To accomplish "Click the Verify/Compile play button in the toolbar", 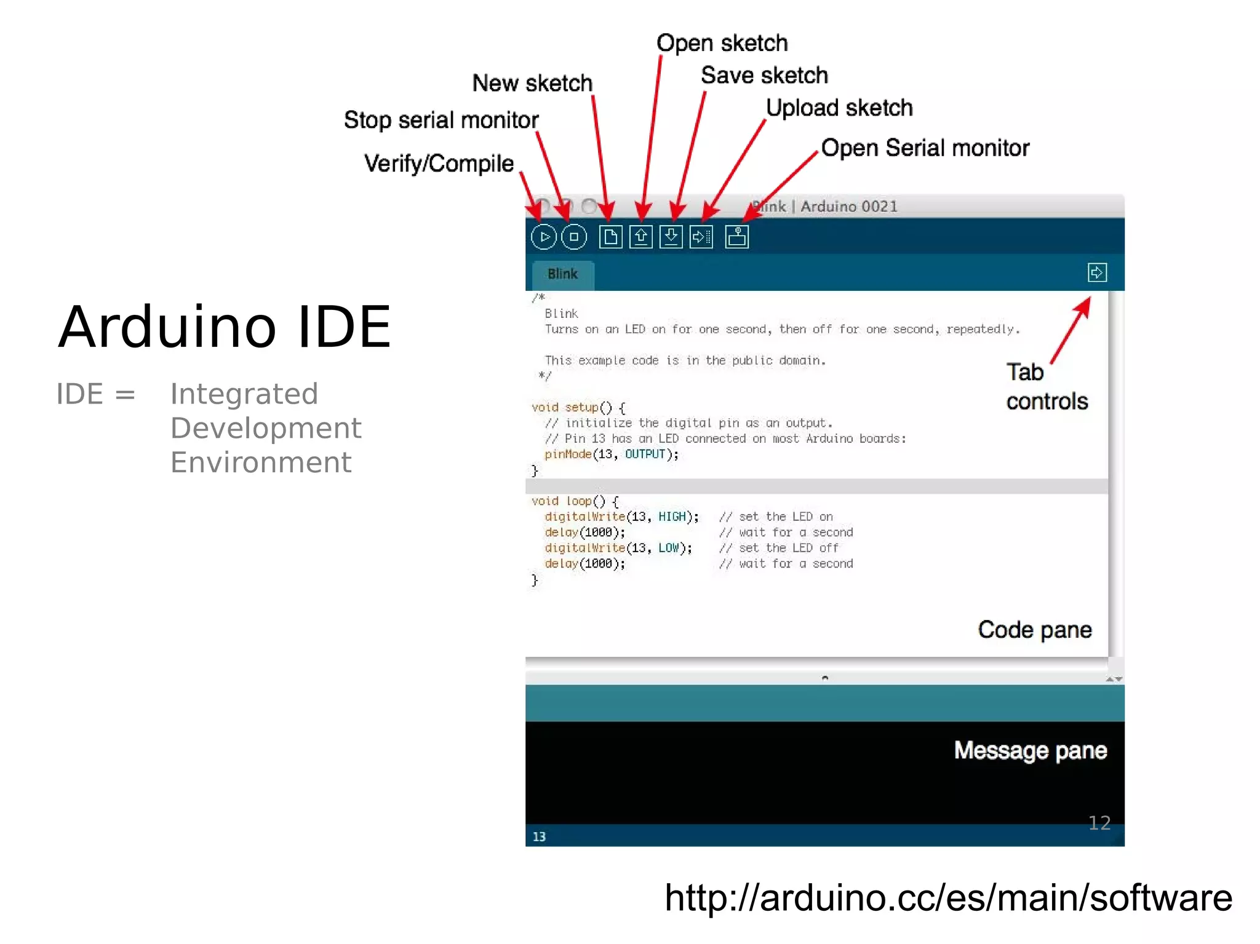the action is [x=543, y=237].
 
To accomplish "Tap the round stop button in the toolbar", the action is [x=574, y=237].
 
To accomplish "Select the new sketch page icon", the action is [x=610, y=237].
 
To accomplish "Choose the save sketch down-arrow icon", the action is [x=671, y=237].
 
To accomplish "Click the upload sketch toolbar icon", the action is [x=701, y=237].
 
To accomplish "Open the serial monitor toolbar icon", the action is [x=736, y=237].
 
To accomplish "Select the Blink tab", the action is [x=562, y=274].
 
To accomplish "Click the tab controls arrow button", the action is [x=1096, y=272].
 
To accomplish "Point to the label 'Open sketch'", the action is [x=722, y=43].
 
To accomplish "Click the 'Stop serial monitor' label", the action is [x=441, y=120].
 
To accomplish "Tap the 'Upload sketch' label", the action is [x=839, y=108].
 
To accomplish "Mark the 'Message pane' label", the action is [x=1031, y=751].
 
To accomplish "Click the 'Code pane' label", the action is [x=1035, y=630].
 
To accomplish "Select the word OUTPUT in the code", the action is [x=645, y=454].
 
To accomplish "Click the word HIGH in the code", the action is [x=672, y=517].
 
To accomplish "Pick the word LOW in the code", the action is [x=668, y=548].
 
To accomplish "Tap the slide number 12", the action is [x=1099, y=823].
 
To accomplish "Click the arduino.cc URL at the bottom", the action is [x=948, y=898].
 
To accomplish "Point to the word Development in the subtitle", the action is [x=266, y=428].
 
